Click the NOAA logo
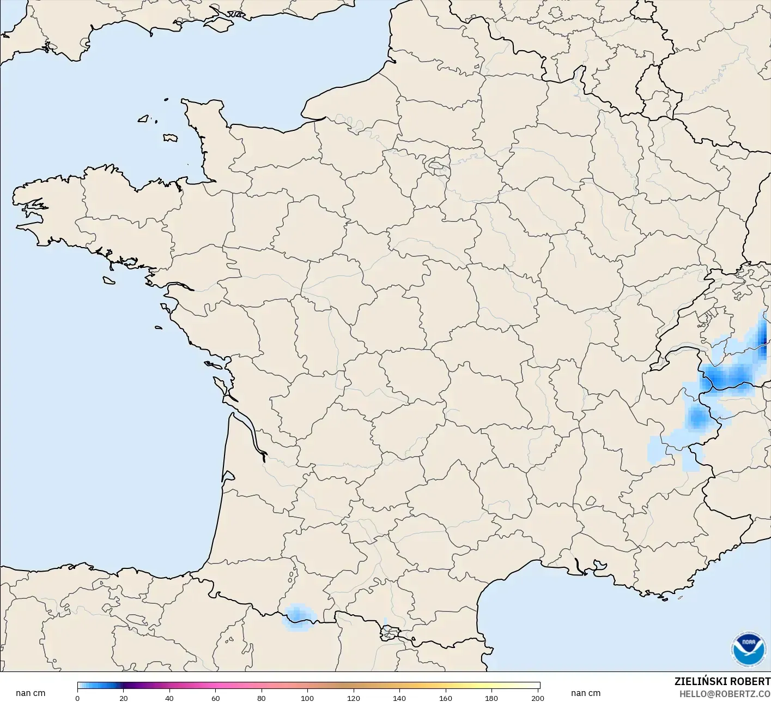(749, 649)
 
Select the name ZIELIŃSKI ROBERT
(722, 682)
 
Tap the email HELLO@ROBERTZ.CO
(725, 694)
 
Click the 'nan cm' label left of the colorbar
(31, 693)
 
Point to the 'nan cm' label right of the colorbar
(586, 693)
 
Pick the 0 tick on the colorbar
(77, 698)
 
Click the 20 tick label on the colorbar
(124, 698)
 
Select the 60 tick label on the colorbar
(216, 698)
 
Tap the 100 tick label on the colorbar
(307, 698)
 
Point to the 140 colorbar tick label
(399, 698)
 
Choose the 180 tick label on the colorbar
(491, 698)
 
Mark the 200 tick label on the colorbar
(537, 698)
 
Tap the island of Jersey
(170, 138)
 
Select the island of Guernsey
(144, 118)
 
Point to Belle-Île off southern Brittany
(109, 280)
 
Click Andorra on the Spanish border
(390, 633)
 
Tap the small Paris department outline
(436, 164)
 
